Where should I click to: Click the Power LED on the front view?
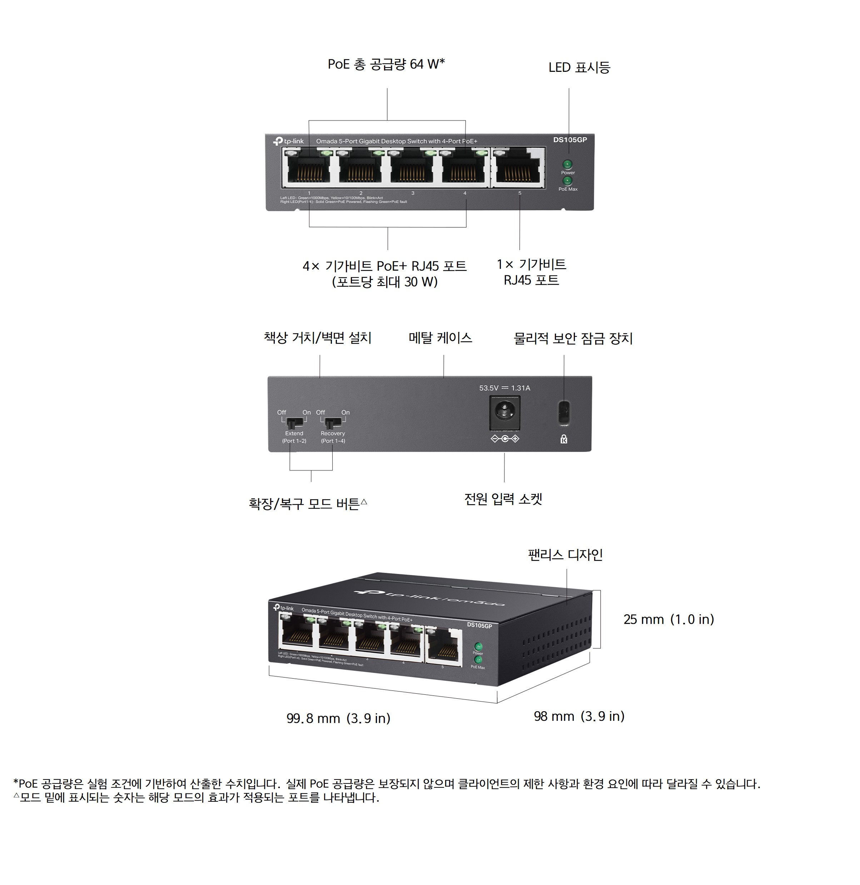click(567, 164)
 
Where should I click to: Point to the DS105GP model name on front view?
click(570, 140)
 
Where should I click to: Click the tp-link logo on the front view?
click(289, 141)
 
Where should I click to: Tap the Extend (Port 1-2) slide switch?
click(294, 423)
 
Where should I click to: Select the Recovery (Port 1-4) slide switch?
click(332, 423)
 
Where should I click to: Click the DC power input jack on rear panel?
click(504, 412)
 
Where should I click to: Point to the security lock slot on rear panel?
click(564, 413)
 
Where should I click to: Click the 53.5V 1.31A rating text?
click(504, 388)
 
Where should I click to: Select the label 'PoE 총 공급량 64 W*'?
click(386, 64)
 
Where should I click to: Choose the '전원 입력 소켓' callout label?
click(503, 499)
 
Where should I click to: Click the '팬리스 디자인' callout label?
click(565, 555)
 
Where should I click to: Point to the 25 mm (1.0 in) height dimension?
click(668, 619)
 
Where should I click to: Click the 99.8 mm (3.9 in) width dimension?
click(338, 718)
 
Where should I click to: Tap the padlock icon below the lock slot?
click(564, 439)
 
